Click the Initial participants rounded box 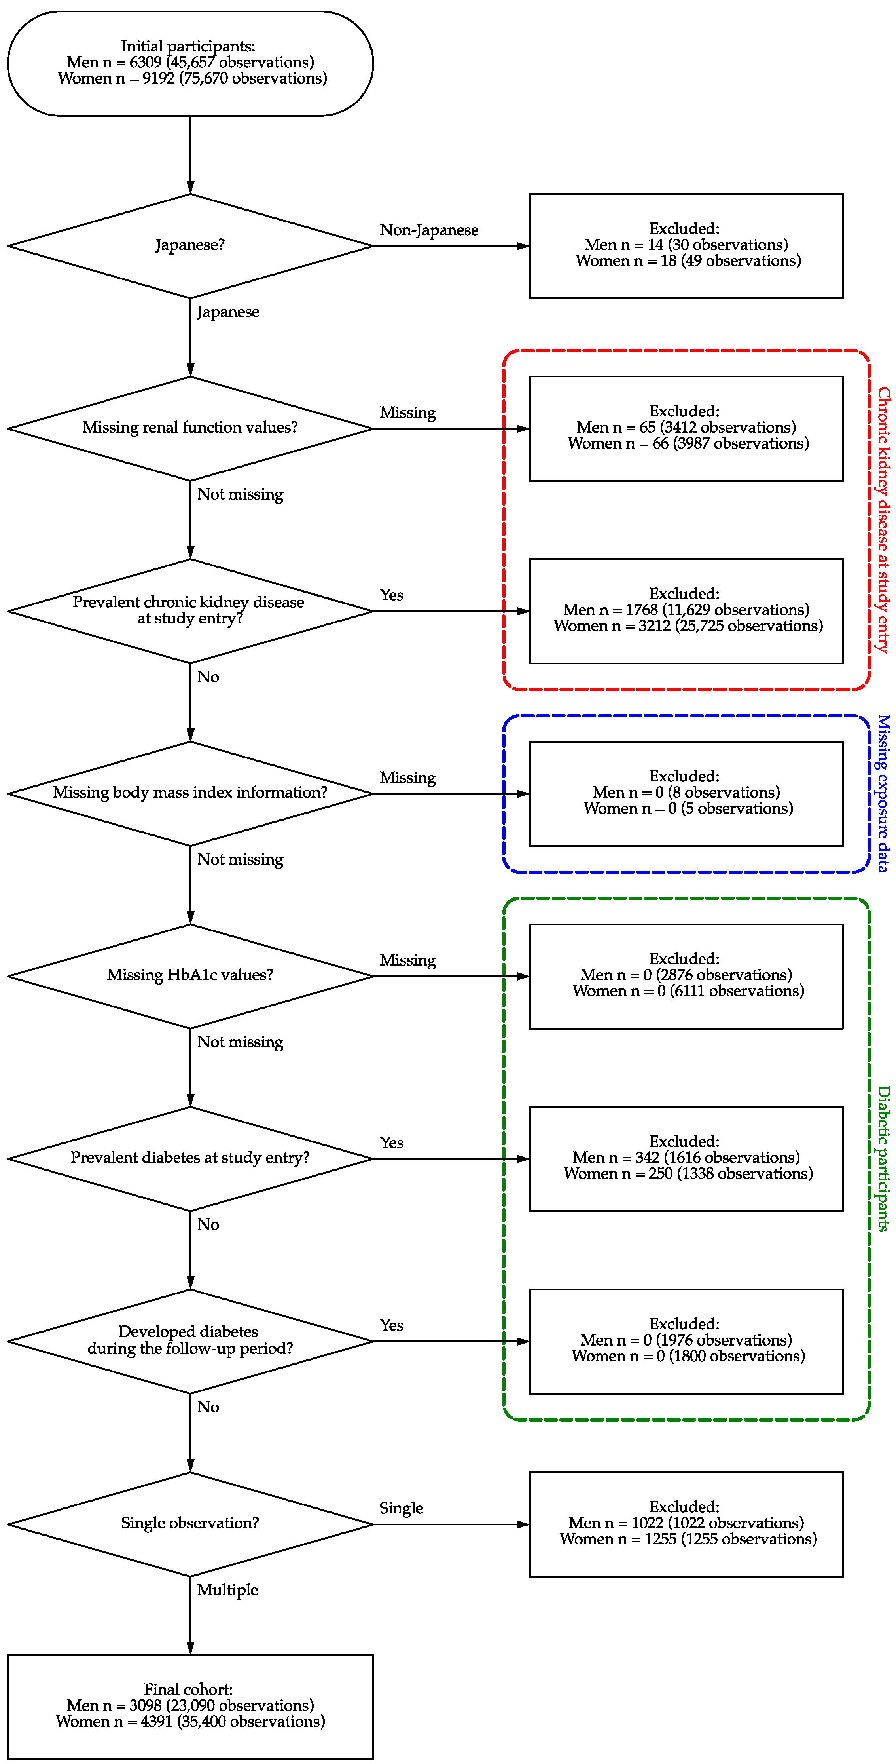[x=190, y=63]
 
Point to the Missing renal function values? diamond [x=190, y=428]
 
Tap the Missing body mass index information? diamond [x=190, y=793]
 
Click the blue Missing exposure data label [x=883, y=793]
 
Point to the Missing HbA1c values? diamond [x=190, y=976]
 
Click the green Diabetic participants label [x=883, y=1159]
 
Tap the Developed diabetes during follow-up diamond [x=190, y=1341]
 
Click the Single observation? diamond [x=190, y=1524]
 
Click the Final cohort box [x=190, y=1707]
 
